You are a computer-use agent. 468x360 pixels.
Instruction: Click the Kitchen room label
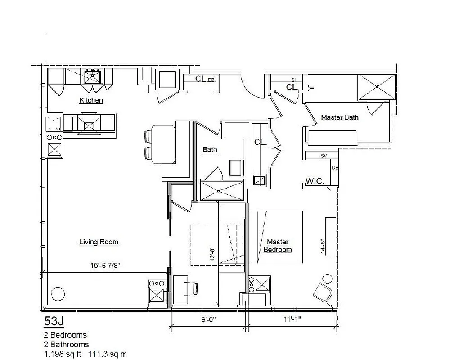coord(91,100)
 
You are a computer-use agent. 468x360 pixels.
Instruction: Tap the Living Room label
coord(99,242)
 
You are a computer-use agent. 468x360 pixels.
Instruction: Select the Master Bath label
coord(340,118)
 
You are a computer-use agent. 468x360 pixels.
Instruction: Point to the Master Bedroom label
coord(277,246)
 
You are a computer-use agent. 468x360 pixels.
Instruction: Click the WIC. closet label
coord(315,181)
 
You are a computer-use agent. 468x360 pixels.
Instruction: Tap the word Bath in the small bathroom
coord(210,150)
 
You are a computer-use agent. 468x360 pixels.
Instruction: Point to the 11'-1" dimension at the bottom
coord(292,320)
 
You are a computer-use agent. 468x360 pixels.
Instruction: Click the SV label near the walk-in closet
coord(323,156)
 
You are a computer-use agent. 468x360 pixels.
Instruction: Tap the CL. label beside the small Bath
coord(261,142)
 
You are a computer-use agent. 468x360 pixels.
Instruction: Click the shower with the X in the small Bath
coord(222,190)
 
